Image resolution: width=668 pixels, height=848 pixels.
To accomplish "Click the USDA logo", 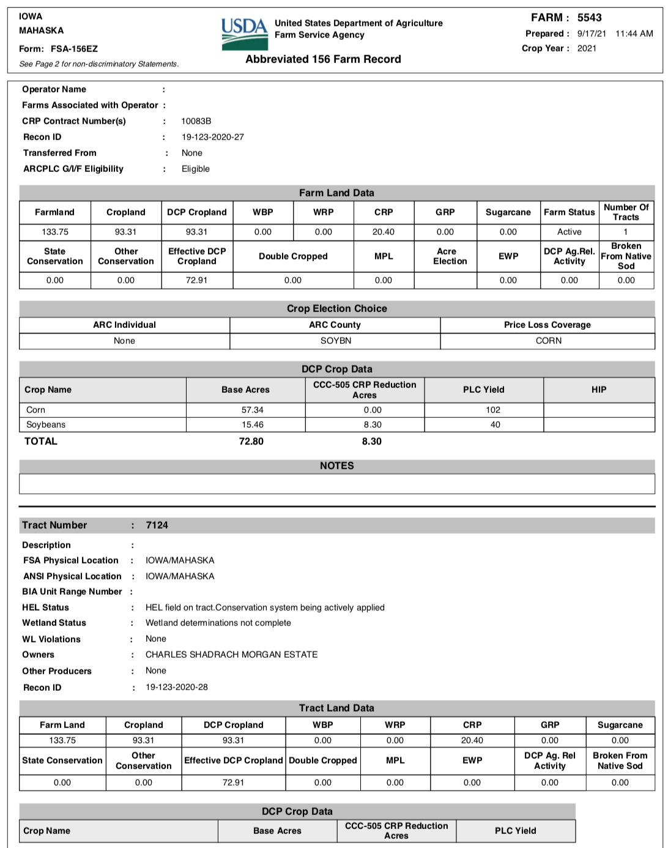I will pyautogui.click(x=245, y=34).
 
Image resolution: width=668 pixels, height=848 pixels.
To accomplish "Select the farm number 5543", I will pyautogui.click(x=589, y=18).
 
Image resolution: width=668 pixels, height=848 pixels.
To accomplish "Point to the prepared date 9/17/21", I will pyautogui.click(x=592, y=34).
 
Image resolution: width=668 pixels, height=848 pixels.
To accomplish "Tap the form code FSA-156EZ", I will pyautogui.click(x=74, y=49).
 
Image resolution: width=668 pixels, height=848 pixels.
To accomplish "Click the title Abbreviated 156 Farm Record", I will pyautogui.click(x=323, y=59).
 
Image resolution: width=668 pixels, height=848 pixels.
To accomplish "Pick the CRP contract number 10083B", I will pyautogui.click(x=196, y=121).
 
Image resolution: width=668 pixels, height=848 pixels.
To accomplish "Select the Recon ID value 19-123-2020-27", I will pyautogui.click(x=212, y=137).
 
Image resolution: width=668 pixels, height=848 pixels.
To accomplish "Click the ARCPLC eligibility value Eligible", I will pyautogui.click(x=196, y=169).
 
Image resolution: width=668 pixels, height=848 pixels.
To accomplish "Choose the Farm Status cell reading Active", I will pyautogui.click(x=569, y=232).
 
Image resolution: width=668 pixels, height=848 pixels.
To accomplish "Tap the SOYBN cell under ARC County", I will pyautogui.click(x=336, y=341).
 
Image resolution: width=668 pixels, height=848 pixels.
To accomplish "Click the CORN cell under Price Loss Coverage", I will pyautogui.click(x=548, y=341).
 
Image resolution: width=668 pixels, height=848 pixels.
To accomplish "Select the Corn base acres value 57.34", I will pyautogui.click(x=252, y=410).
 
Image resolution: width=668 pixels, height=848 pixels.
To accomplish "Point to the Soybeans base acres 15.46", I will pyautogui.click(x=252, y=425).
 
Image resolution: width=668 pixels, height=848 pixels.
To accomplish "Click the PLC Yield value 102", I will pyautogui.click(x=493, y=410).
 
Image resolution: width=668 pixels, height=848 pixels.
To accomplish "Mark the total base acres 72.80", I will pyautogui.click(x=251, y=441).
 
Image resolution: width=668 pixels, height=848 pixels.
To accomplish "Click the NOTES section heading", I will pyautogui.click(x=336, y=466).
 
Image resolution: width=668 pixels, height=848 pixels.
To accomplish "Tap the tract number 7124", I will pyautogui.click(x=157, y=525).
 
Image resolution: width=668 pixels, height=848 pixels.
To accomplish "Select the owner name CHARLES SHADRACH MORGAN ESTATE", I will pyautogui.click(x=231, y=655).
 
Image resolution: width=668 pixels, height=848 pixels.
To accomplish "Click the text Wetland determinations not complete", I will pyautogui.click(x=218, y=623).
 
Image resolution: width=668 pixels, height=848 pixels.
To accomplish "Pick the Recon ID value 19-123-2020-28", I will pyautogui.click(x=176, y=687).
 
